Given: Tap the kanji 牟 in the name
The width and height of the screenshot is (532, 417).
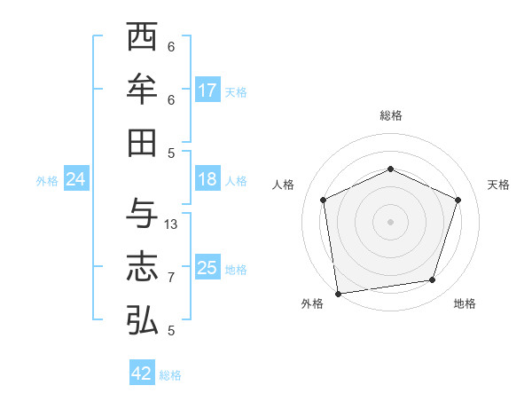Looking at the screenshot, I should pos(142,89).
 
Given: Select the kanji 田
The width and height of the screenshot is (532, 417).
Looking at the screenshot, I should pos(142,141).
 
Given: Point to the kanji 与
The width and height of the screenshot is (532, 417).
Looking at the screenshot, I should pos(142,213).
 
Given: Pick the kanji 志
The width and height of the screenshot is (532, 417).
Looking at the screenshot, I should pos(142,265).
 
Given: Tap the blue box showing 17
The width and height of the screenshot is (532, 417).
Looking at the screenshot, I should pos(207,90).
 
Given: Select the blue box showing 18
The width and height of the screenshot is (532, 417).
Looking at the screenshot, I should pos(207,179).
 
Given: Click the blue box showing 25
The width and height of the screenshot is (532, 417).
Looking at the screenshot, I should pos(207,268).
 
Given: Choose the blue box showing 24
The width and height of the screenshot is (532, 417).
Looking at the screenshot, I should pos(75,179).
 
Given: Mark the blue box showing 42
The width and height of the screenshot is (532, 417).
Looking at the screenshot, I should pos(142,374).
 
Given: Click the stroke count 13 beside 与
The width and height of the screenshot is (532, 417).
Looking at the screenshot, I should pos(171,224).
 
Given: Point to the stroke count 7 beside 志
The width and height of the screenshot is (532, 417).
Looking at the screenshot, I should pos(171,278).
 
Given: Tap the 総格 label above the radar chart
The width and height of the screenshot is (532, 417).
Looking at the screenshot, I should pos(390,115).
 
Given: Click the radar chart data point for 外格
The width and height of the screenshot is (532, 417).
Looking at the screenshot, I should pos(338,293).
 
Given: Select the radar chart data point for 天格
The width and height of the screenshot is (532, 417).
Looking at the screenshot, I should pos(458,200).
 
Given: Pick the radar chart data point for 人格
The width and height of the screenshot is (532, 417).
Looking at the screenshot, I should pos(323,200).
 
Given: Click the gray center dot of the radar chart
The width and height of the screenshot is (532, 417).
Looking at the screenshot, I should pos(390,221).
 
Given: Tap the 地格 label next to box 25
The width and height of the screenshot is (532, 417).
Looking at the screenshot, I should pos(237,270).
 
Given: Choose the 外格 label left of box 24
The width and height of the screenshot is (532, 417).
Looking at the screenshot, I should pos(47,181).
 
